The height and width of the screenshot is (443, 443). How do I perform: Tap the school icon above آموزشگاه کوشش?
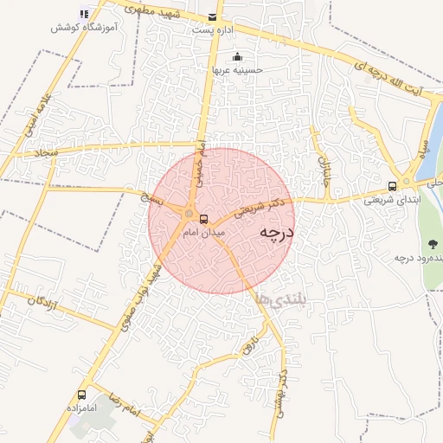coord(83,14)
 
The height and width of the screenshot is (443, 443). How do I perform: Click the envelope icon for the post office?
coord(213,16)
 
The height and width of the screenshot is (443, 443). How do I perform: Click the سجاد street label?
coord(45,152)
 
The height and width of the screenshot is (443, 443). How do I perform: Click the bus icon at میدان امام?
coord(204,220)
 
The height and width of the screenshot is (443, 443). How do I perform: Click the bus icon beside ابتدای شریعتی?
coord(393,185)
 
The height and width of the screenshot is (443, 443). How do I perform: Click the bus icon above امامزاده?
coord(82,395)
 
